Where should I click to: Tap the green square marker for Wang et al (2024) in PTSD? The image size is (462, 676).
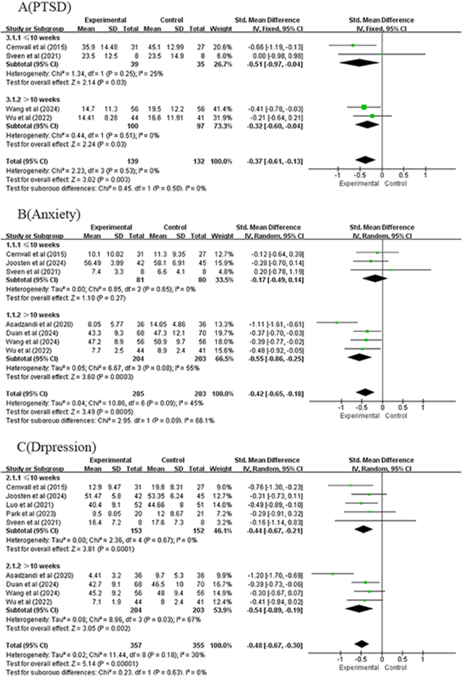tap(364, 107)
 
